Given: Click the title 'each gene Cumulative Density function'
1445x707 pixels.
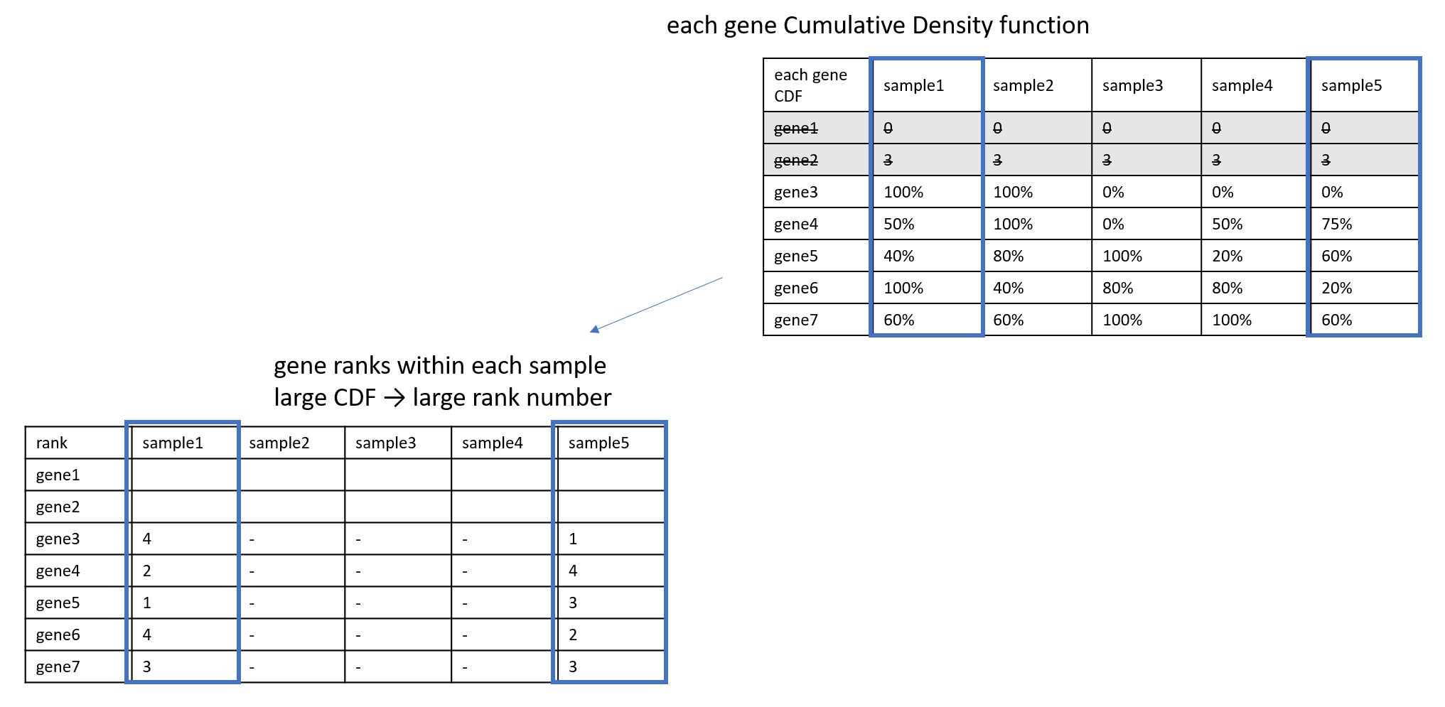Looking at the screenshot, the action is coord(877,26).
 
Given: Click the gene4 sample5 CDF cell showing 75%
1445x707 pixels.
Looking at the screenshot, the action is coord(1336,224).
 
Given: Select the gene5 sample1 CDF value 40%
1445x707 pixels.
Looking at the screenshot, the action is coord(898,256).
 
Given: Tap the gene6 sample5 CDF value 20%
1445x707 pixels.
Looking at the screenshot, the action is coord(1336,288).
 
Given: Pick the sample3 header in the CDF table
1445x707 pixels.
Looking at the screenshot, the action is coord(1132,85).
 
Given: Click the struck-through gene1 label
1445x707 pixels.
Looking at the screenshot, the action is coord(795,128).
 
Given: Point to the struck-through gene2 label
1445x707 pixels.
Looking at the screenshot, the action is coord(795,160).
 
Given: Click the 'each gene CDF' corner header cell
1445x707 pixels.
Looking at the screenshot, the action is coord(810,85).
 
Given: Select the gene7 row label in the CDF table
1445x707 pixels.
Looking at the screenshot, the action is coord(795,320).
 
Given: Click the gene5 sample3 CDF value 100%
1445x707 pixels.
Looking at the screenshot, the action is coord(1122,256).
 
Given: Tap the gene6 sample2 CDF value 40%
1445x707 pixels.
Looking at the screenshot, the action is coord(1008,288).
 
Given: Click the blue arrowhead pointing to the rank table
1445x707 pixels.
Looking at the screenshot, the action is coord(595,329).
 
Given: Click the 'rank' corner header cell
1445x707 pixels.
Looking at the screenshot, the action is coord(51,443).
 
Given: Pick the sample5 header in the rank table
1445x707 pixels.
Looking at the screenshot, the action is coord(598,443).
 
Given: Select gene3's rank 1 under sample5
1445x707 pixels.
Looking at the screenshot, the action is coord(573,539).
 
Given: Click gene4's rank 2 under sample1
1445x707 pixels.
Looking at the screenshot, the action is coord(146,571).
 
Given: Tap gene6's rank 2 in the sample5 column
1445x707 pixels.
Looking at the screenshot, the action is coord(573,635).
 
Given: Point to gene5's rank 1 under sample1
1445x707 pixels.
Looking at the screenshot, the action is coord(146,603).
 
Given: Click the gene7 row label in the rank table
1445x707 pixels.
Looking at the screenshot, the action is coord(58,666).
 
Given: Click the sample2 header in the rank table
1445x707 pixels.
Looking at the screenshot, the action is coord(279,443).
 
